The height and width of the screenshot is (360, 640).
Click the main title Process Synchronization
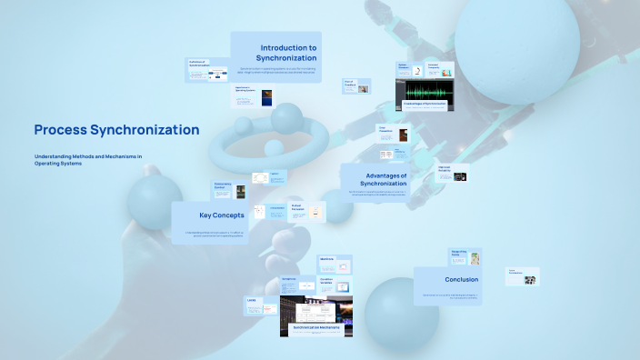[x=116, y=130]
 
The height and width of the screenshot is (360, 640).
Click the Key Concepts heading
[x=220, y=215]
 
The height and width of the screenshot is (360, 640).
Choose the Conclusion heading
[x=461, y=279]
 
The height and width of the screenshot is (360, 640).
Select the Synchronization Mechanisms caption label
[x=315, y=325]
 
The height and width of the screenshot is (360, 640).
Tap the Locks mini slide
[x=260, y=305]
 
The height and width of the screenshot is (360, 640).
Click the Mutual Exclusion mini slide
[x=306, y=212]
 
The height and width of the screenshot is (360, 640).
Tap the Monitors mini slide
[x=333, y=264]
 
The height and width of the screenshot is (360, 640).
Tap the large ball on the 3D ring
[x=286, y=119]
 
